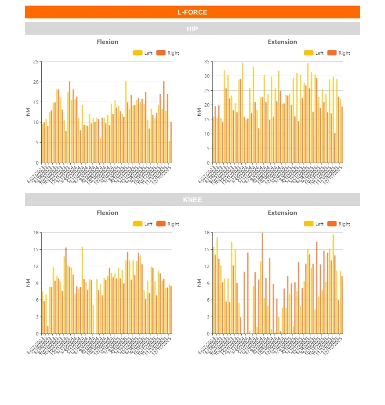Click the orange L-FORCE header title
click(x=192, y=12)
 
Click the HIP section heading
click(x=192, y=29)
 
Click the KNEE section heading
click(x=192, y=200)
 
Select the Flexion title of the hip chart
click(x=107, y=42)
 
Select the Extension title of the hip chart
click(x=282, y=42)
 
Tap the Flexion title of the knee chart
click(x=107, y=213)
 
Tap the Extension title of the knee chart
click(x=282, y=213)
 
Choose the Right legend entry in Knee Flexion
click(x=168, y=224)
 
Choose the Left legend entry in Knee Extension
click(x=314, y=224)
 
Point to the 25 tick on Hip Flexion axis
click(x=36, y=62)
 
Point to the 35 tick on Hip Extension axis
click(x=207, y=62)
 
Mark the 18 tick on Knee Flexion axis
click(x=36, y=233)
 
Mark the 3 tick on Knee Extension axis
click(x=208, y=317)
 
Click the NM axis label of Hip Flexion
click(x=28, y=112)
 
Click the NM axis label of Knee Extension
click(x=199, y=283)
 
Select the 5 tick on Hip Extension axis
click(x=208, y=148)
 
